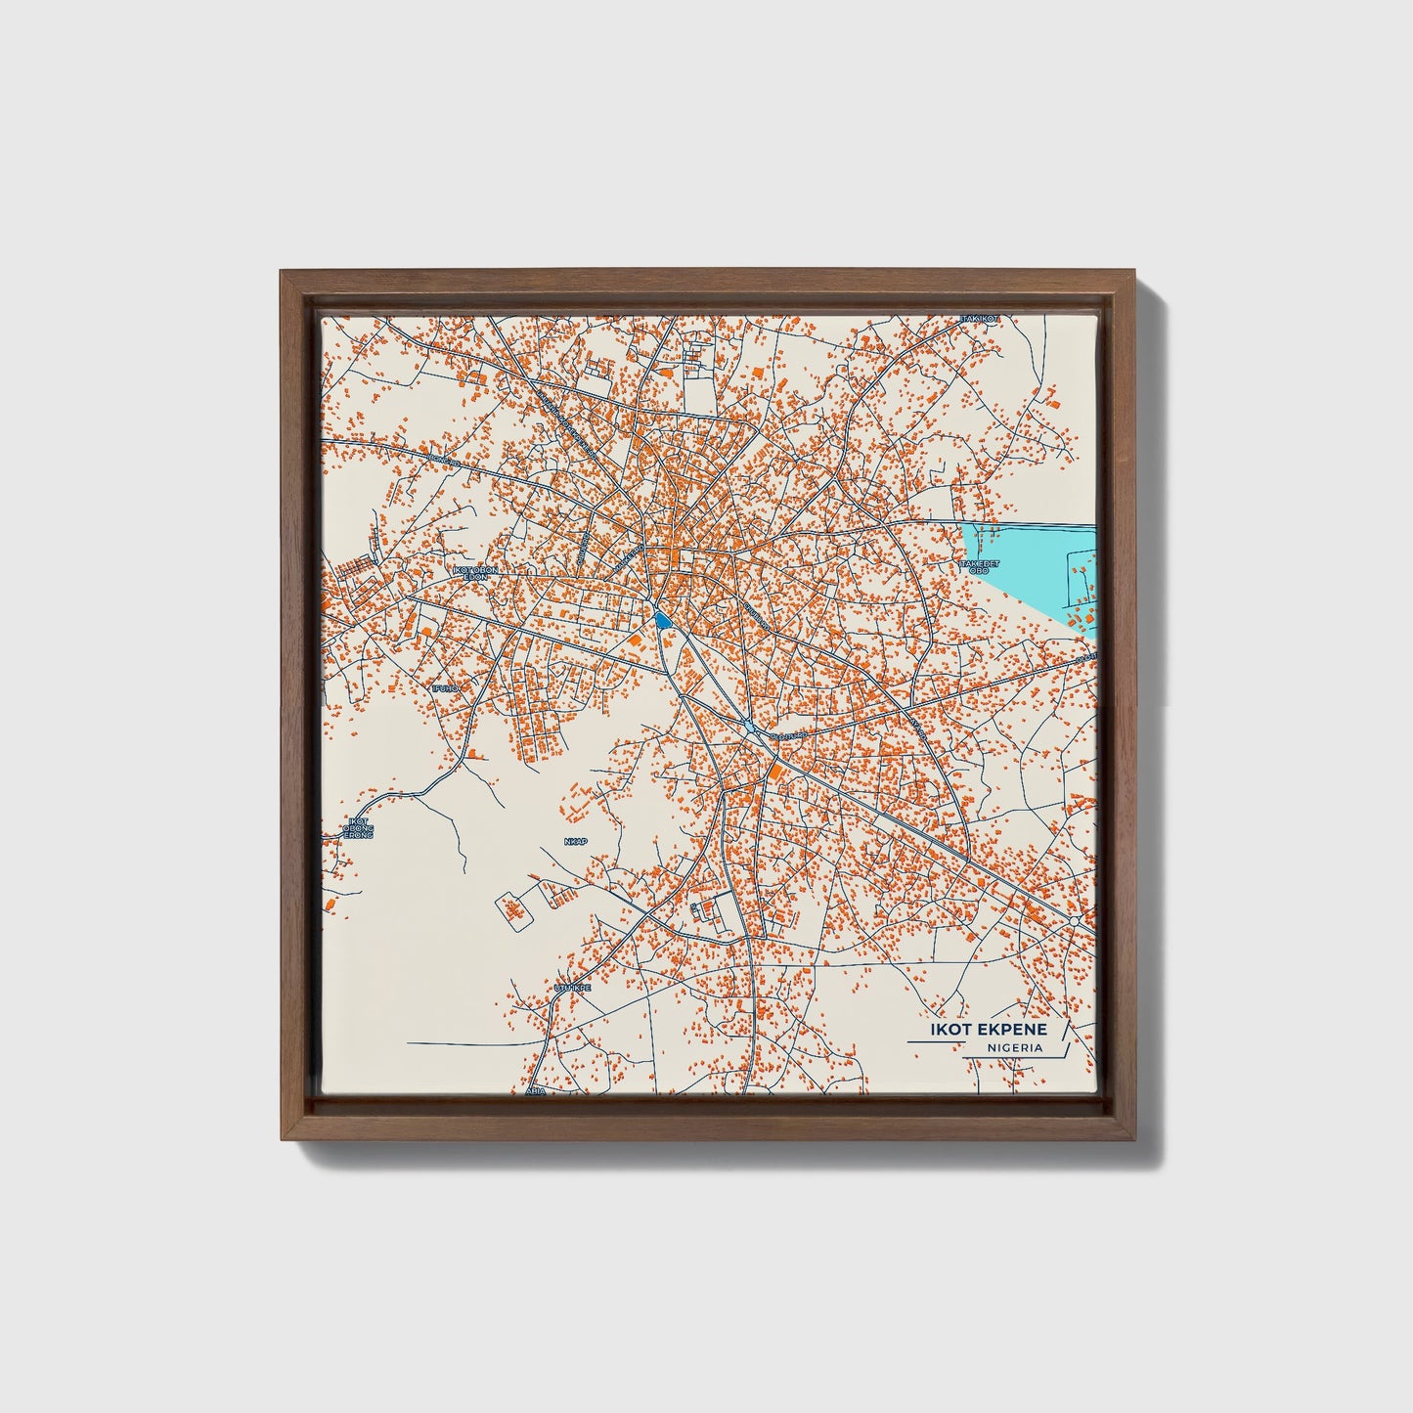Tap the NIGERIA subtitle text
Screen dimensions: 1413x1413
tap(1014, 1048)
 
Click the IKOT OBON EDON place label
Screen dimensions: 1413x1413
tap(476, 573)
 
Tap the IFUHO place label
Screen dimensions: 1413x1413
tap(445, 688)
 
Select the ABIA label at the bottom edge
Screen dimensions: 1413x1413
tap(535, 1089)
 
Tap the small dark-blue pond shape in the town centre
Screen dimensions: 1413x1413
tap(662, 619)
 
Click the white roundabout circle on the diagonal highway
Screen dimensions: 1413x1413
tap(1075, 921)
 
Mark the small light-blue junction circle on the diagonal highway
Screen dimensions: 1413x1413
tap(749, 726)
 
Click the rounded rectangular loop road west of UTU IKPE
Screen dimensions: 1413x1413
tap(515, 908)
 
